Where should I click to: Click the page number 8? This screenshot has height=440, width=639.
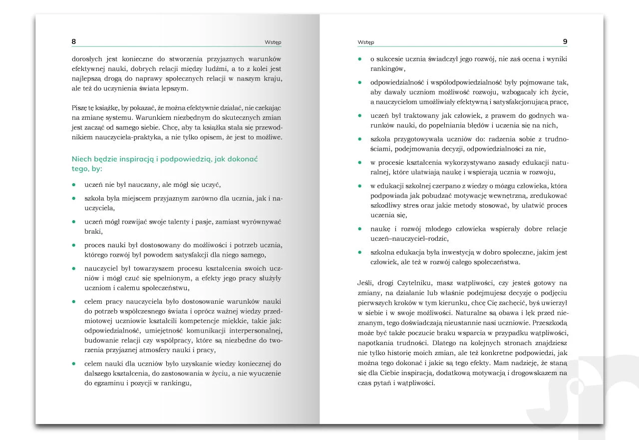pyautogui.click(x=74, y=41)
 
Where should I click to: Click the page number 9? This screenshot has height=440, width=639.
pyautogui.click(x=565, y=41)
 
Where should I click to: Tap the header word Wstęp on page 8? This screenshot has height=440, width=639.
pyautogui.click(x=273, y=42)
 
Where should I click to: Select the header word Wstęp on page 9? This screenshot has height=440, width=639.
pyautogui.click(x=366, y=42)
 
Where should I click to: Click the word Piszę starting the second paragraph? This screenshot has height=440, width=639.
pyautogui.click(x=81, y=108)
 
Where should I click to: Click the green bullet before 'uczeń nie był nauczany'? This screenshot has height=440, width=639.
pyautogui.click(x=74, y=184)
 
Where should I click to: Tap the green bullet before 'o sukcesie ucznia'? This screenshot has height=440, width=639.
pyautogui.click(x=360, y=59)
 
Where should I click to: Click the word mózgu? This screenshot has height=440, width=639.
pyautogui.click(x=482, y=186)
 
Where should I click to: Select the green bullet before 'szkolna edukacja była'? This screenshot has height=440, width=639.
pyautogui.click(x=360, y=252)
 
